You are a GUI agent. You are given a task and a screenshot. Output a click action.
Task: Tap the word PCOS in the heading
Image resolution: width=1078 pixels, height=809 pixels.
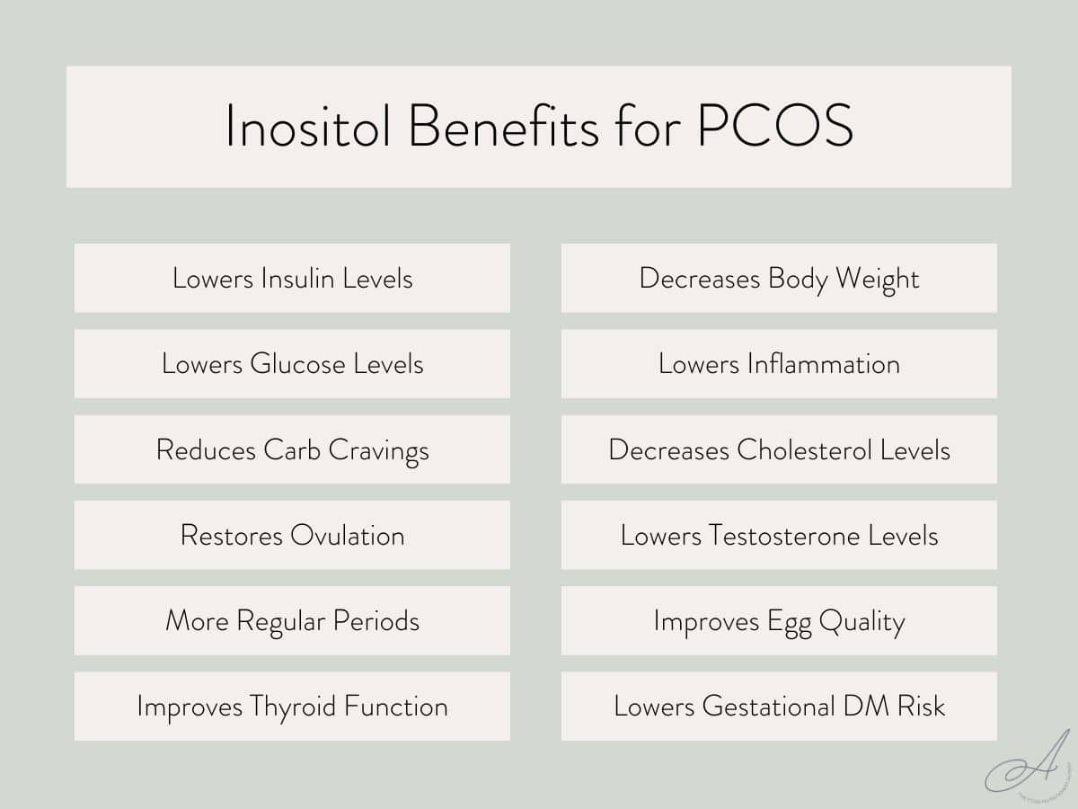(774, 127)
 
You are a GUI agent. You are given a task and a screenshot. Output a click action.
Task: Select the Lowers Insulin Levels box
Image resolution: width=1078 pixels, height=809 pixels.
(292, 278)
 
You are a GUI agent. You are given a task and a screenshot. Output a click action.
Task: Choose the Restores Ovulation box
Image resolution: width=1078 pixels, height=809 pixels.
(292, 536)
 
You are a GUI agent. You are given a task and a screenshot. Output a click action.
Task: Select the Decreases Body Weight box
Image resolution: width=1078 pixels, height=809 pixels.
(779, 278)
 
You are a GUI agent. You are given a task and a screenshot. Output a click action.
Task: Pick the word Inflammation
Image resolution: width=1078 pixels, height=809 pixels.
(823, 364)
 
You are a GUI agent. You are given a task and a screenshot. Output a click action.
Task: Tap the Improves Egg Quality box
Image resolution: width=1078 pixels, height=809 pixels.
(779, 621)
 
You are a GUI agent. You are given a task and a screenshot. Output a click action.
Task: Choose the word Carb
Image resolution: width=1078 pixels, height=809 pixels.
(291, 449)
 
